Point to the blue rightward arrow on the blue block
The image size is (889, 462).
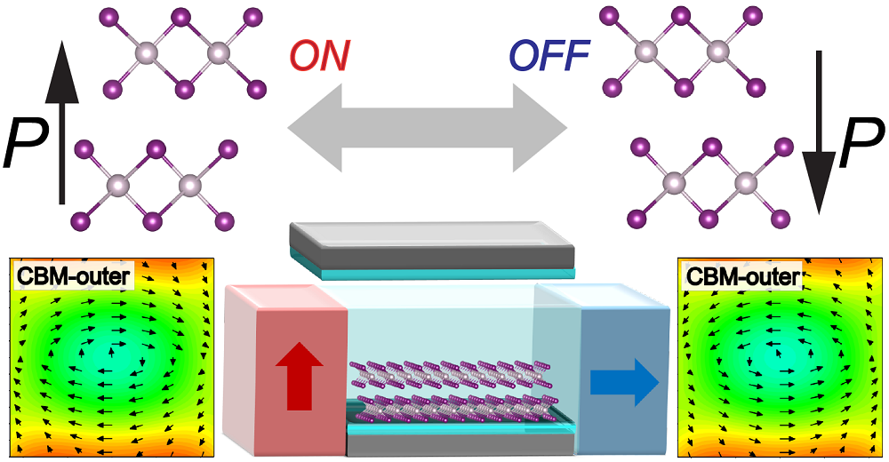click(622, 382)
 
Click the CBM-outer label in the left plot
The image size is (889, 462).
click(73, 278)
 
